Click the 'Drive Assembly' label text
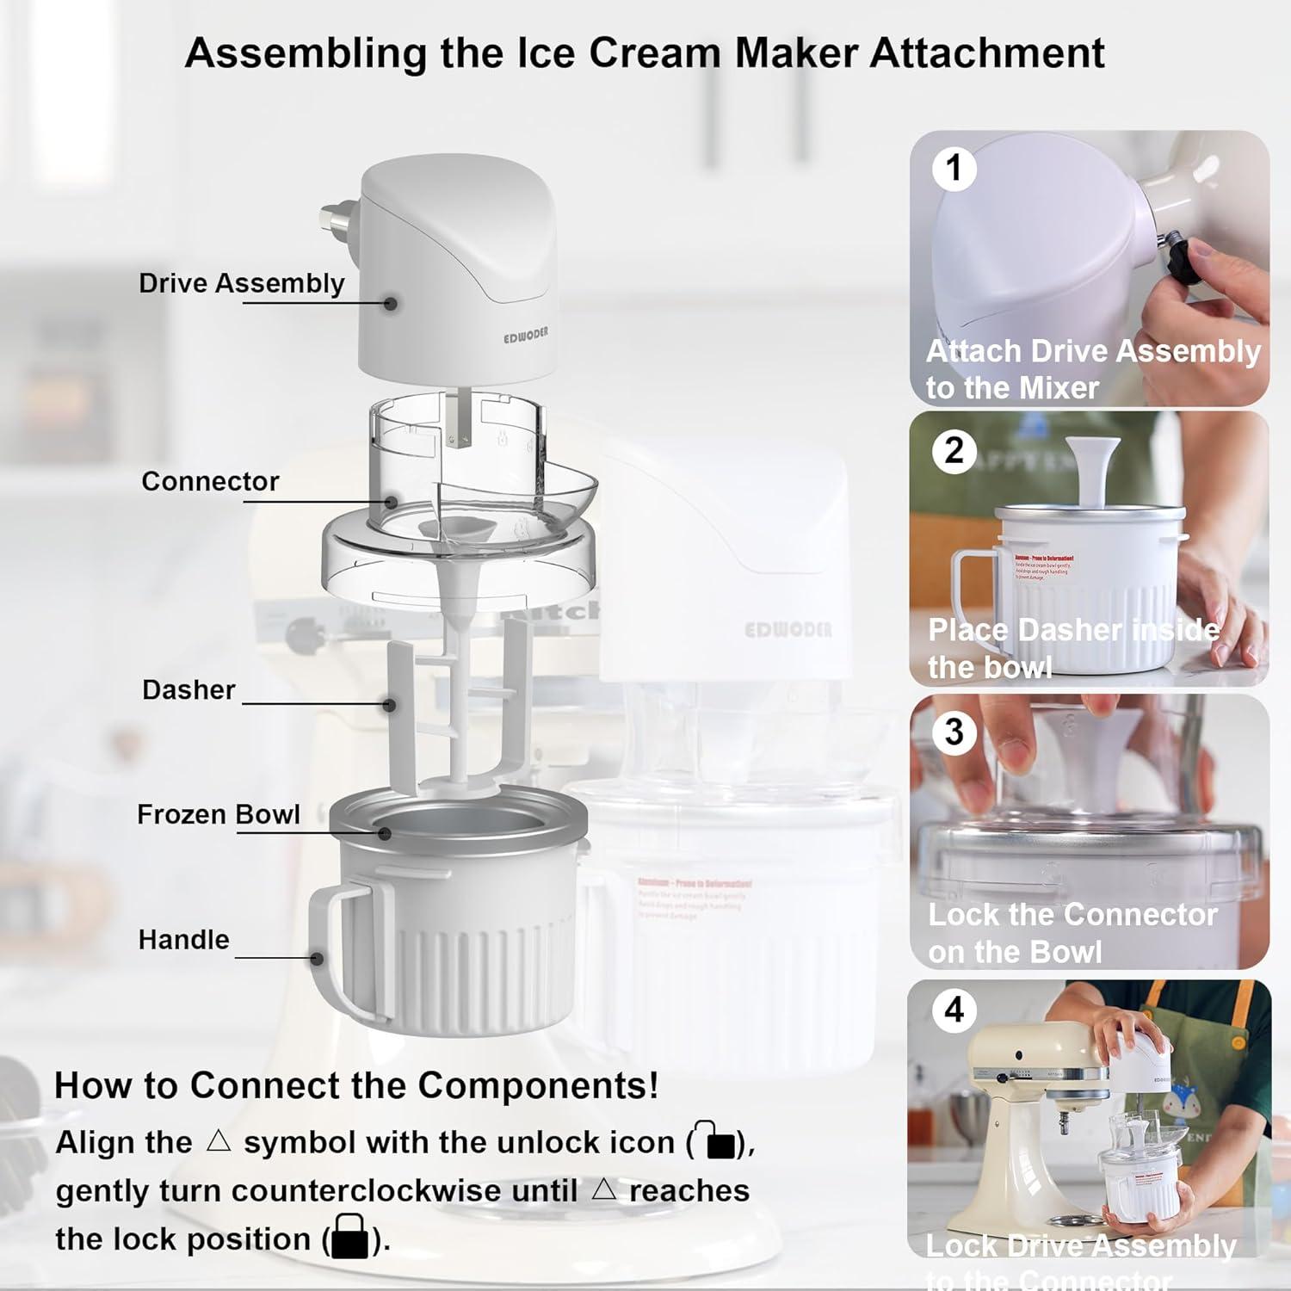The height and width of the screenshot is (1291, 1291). coord(241,283)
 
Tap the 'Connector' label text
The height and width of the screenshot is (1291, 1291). coord(210,481)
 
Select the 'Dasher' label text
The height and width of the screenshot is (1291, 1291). coord(188,689)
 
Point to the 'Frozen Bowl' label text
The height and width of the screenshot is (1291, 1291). coord(219,814)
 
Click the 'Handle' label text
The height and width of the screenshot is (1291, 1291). coord(183,939)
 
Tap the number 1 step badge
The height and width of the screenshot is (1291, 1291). coord(954,168)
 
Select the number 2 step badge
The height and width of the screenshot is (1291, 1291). coord(954,450)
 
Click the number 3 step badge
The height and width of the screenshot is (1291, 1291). coord(954,732)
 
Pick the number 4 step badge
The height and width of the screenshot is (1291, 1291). coord(954,1010)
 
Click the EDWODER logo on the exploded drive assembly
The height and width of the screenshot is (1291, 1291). coord(525,335)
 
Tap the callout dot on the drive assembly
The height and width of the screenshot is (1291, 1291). coord(391,303)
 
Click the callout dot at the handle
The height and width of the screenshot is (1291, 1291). coord(317,958)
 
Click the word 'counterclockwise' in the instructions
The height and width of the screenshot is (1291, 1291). coord(405,1190)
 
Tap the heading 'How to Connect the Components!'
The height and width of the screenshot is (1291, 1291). coord(356,1085)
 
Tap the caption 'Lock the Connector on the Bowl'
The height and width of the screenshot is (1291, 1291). coord(1072,933)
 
